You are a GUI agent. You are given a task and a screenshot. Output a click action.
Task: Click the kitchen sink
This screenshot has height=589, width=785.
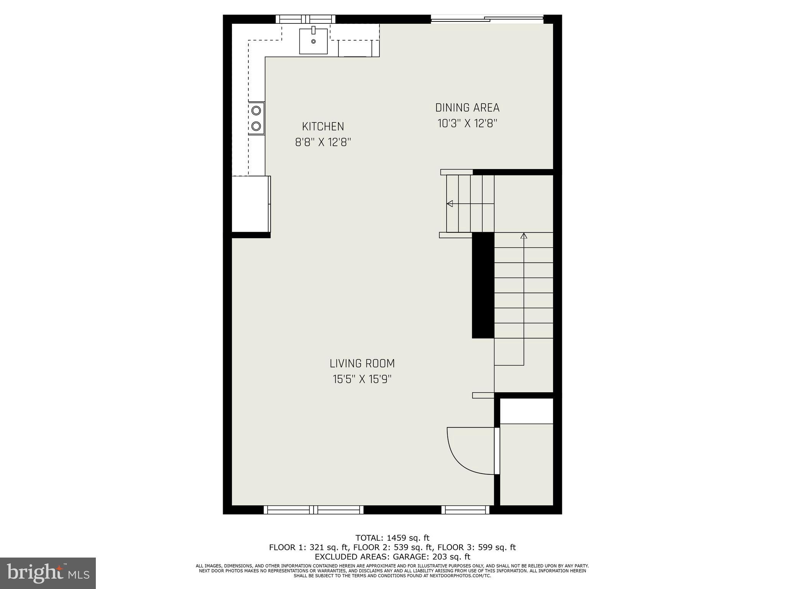click(313, 41)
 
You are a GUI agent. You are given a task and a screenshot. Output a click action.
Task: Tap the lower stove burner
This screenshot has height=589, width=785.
click(256, 126)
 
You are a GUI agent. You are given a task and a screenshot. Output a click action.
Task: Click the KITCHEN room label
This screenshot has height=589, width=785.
click(323, 127)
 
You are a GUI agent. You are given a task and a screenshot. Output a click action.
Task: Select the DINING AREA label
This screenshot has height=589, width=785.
click(467, 108)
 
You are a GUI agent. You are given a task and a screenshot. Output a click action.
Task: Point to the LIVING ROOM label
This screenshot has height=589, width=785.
click(362, 363)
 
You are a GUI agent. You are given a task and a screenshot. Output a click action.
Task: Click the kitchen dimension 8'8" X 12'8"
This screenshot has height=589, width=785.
click(323, 143)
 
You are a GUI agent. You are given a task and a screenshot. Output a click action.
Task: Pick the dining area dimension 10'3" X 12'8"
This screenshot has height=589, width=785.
click(467, 123)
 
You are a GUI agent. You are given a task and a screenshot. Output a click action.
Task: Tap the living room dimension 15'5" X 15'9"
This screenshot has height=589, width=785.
click(362, 379)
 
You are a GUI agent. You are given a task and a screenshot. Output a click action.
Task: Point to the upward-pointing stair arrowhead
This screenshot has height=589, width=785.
click(524, 235)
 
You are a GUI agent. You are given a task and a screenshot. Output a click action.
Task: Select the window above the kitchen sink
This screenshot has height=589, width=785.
click(305, 19)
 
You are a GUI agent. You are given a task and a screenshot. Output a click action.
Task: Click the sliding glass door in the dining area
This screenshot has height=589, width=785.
click(487, 19)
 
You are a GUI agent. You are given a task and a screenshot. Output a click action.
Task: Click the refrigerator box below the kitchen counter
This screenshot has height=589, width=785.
click(251, 204)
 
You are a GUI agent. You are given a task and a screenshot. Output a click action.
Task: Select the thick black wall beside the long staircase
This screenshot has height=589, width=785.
click(483, 285)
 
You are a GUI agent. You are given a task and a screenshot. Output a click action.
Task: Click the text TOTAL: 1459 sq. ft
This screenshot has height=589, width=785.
click(392, 538)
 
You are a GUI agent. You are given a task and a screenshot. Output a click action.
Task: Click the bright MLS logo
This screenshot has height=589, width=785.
click(48, 573)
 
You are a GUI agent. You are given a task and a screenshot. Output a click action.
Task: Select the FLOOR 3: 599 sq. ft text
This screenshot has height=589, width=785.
click(476, 547)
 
